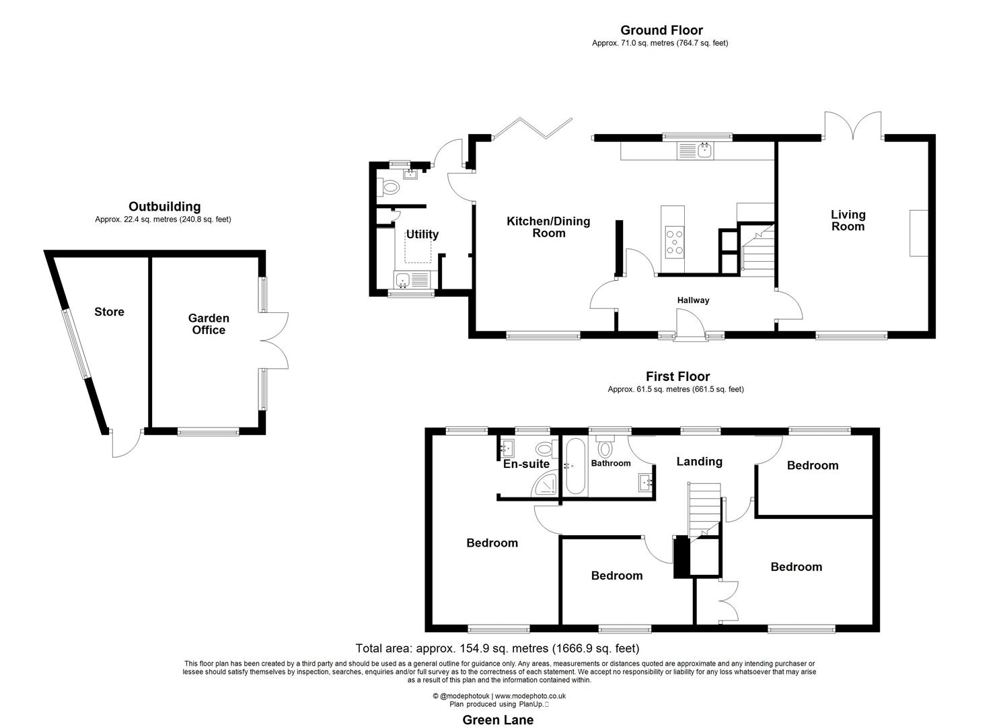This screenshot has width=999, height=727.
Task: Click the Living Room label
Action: pyautogui.click(x=848, y=220)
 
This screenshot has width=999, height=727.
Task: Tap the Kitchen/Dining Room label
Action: pyautogui.click(x=548, y=227)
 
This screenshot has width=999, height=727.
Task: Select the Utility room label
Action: pyautogui.click(x=422, y=234)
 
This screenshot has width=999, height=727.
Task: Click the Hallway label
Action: pyautogui.click(x=693, y=300)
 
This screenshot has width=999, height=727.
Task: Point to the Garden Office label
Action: pyautogui.click(x=209, y=324)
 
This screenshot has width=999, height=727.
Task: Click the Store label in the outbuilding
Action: pyautogui.click(x=109, y=312)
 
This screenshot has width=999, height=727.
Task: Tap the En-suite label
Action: pyautogui.click(x=526, y=464)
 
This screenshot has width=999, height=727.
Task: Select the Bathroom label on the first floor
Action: pyautogui.click(x=611, y=463)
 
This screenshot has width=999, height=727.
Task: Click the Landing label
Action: pyautogui.click(x=699, y=461)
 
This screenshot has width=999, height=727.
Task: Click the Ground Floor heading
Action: pyautogui.click(x=661, y=30)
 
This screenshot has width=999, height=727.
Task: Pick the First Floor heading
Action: pyautogui.click(x=677, y=377)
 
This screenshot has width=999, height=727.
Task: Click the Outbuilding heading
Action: pyautogui.click(x=164, y=207)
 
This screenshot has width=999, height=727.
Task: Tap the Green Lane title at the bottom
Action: pyautogui.click(x=498, y=720)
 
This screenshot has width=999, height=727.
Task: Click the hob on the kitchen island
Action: pyautogui.click(x=674, y=242)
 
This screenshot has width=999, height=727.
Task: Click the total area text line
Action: pyautogui.click(x=497, y=649)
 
